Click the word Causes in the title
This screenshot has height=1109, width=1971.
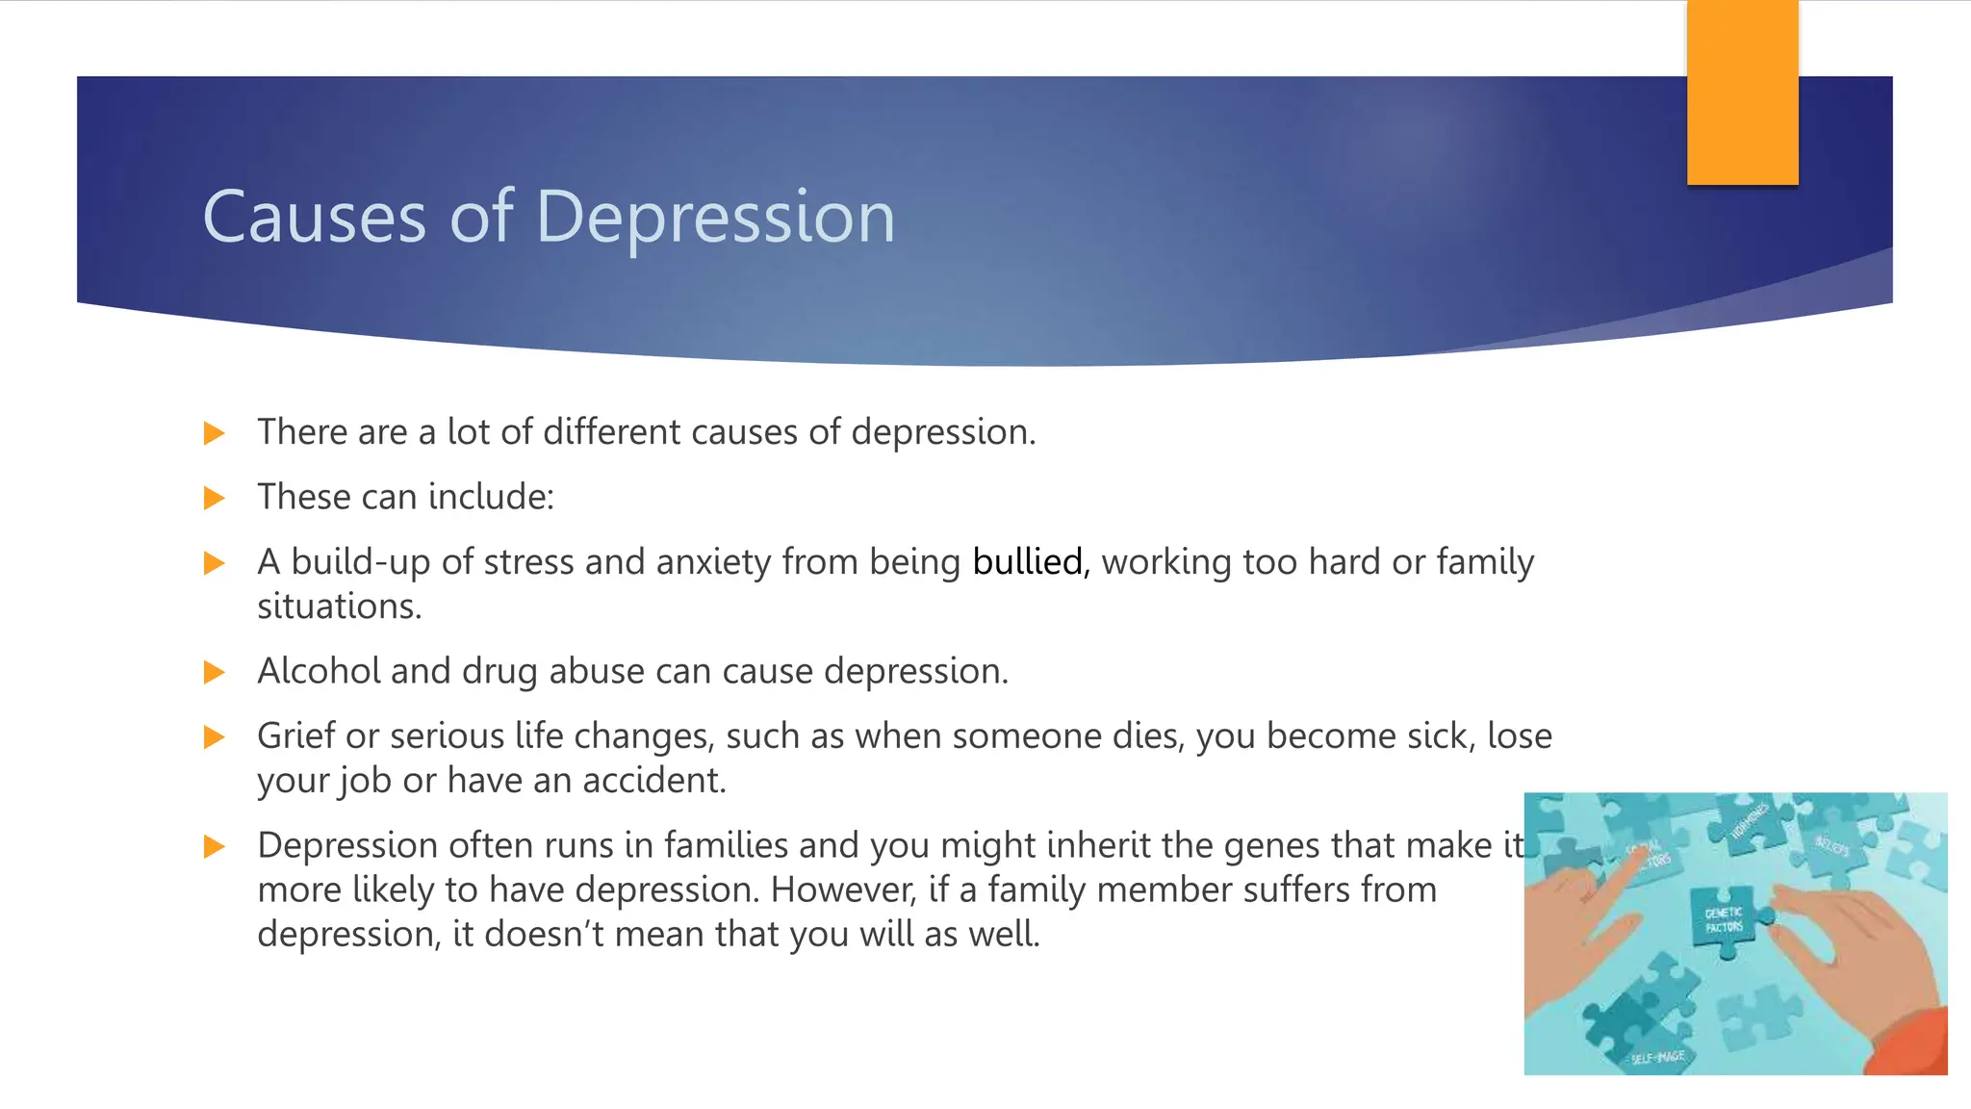click(x=314, y=218)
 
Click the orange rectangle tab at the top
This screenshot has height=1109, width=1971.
click(x=1742, y=92)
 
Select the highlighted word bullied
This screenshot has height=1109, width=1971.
click(x=1027, y=562)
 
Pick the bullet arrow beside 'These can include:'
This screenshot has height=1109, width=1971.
click(x=215, y=499)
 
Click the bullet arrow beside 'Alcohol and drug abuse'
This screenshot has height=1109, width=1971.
click(x=215, y=673)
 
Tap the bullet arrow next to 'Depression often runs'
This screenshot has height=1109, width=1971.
click(x=215, y=847)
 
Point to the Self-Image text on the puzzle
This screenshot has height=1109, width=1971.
click(x=1657, y=1057)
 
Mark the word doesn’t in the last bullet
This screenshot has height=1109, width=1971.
click(x=544, y=935)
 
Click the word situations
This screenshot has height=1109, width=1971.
click(x=339, y=606)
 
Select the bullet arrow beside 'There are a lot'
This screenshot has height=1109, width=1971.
click(x=215, y=433)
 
